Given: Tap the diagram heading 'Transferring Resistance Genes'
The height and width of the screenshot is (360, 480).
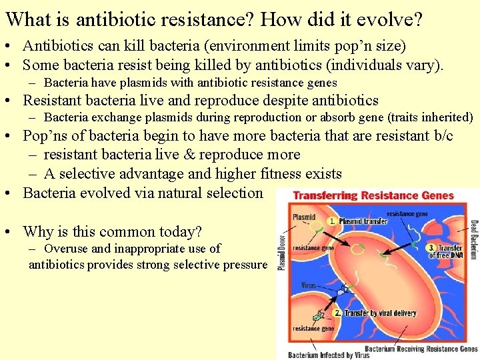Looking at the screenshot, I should click(x=373, y=196).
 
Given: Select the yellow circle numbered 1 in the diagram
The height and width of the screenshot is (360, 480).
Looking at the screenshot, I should click(x=332, y=221).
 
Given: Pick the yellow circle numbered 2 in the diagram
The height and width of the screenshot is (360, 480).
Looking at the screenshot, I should click(x=338, y=313).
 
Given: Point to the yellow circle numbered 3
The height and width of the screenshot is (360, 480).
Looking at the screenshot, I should click(x=431, y=248).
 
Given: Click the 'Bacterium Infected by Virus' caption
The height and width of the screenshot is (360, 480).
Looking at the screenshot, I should click(x=329, y=355).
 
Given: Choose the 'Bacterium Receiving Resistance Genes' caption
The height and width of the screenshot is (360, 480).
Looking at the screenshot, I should click(x=421, y=348).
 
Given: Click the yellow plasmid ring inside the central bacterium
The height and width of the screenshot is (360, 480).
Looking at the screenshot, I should click(x=358, y=251).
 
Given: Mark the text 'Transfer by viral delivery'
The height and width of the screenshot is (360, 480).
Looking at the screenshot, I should click(x=380, y=313).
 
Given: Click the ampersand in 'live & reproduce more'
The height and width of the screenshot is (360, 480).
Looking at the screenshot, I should click(x=167, y=155).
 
